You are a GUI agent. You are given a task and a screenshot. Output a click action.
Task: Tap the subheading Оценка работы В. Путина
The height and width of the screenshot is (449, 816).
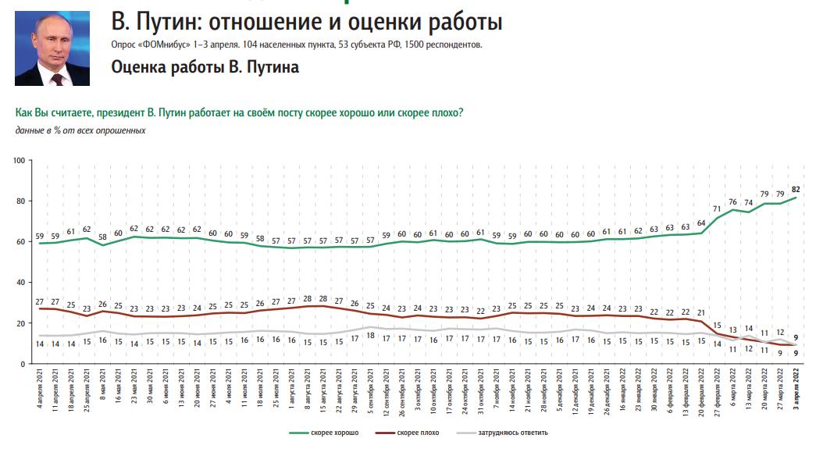tap(205, 67)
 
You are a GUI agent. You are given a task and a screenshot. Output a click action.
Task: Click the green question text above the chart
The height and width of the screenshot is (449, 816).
tap(239, 113)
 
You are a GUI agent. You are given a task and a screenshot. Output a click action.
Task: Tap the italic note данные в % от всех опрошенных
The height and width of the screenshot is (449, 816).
tap(80, 129)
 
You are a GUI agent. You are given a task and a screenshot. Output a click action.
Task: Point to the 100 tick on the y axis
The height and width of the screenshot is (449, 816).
tap(21, 160)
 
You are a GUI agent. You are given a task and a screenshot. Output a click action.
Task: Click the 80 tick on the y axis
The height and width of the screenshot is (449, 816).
tap(23, 201)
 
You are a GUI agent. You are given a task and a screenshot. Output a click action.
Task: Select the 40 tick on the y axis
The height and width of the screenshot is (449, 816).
tap(23, 283)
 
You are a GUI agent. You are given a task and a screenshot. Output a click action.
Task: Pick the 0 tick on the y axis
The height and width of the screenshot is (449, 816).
tap(25, 364)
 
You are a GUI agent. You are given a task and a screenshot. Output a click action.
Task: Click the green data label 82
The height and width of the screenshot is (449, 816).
tap(795, 189)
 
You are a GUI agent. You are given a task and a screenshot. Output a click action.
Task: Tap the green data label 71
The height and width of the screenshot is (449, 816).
tap(717, 208)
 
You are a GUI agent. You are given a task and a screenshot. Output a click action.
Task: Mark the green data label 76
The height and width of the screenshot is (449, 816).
tap(732, 201)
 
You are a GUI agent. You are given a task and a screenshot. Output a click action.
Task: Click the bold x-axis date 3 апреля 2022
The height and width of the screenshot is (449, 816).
tap(796, 394)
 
